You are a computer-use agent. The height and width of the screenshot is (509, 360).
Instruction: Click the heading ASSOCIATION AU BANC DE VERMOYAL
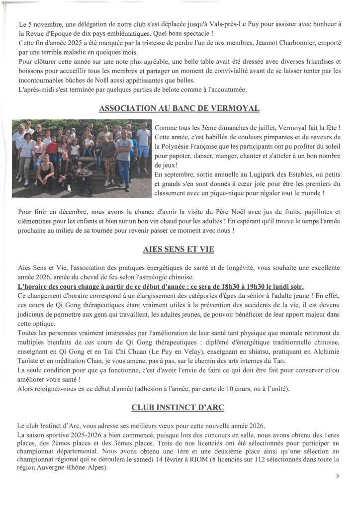[x=179, y=109]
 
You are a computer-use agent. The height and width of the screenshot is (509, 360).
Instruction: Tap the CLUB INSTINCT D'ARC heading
[x=178, y=408]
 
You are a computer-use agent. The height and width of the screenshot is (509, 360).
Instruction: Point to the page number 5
[x=338, y=476]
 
